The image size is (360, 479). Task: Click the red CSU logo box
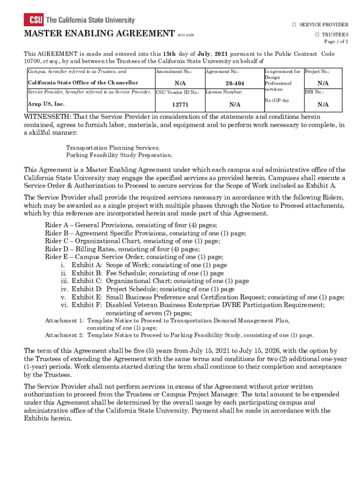(x=34, y=20)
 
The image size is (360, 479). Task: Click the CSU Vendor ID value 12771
(x=180, y=105)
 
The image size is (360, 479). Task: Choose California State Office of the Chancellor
(x=83, y=83)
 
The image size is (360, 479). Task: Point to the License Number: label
(x=224, y=92)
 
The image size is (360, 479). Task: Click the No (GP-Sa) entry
(x=276, y=101)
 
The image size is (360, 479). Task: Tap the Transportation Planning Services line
(x=113, y=147)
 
